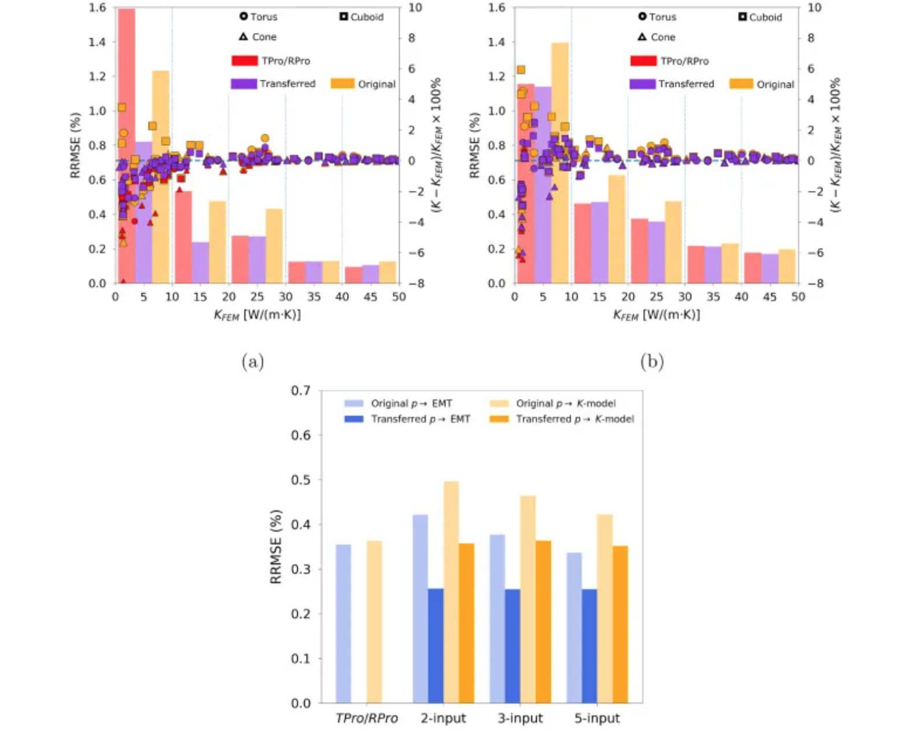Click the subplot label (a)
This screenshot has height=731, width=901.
click(x=253, y=362)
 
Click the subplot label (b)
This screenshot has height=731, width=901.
click(x=652, y=362)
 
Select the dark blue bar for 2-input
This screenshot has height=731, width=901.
click(x=435, y=645)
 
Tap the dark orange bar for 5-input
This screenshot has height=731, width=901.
click(x=620, y=624)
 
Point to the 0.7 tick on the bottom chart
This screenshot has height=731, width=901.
click(x=300, y=391)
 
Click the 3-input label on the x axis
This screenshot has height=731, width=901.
click(x=520, y=718)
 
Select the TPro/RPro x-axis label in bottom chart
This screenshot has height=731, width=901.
click(x=367, y=718)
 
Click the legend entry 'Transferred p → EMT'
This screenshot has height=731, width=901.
click(x=420, y=419)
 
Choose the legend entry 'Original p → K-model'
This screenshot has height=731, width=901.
click(x=566, y=403)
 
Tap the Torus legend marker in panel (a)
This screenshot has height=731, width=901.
click(x=243, y=16)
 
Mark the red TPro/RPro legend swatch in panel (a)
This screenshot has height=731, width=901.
click(x=244, y=60)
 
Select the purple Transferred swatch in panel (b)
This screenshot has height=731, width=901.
click(x=642, y=84)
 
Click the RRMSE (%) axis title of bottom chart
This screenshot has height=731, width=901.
click(x=276, y=547)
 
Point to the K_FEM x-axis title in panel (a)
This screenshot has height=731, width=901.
click(x=257, y=315)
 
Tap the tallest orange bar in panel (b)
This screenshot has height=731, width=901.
click(x=559, y=163)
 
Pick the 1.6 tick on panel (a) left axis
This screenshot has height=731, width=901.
click(x=98, y=8)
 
